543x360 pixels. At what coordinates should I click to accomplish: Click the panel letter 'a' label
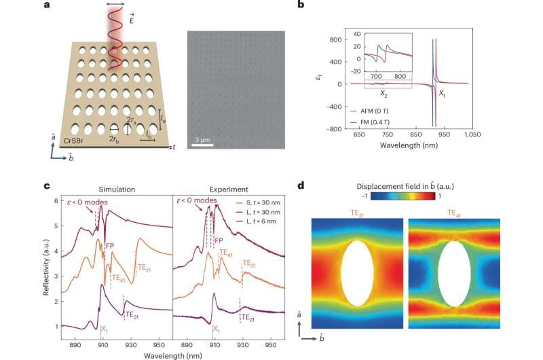coord(45,5)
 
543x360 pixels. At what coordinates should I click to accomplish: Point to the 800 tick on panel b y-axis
coord(337,39)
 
